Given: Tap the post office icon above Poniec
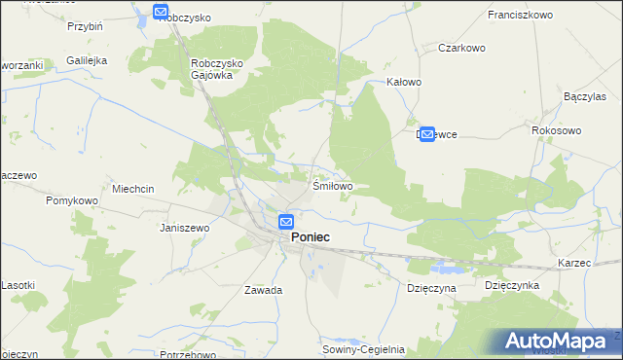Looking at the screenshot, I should [x=286, y=222].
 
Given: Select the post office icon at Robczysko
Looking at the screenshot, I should [x=162, y=12].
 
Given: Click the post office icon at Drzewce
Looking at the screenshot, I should [x=426, y=134].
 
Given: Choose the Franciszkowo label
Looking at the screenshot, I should [x=520, y=16].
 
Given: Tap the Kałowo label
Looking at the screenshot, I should [x=404, y=83].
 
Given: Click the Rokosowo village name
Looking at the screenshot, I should [x=556, y=129].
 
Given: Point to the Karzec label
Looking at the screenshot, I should [x=575, y=264].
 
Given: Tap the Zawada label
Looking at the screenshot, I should [x=264, y=290].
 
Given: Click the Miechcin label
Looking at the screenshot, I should [x=134, y=189].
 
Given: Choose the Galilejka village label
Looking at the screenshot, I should [x=87, y=60].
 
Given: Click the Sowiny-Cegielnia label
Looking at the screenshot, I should [x=364, y=347].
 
